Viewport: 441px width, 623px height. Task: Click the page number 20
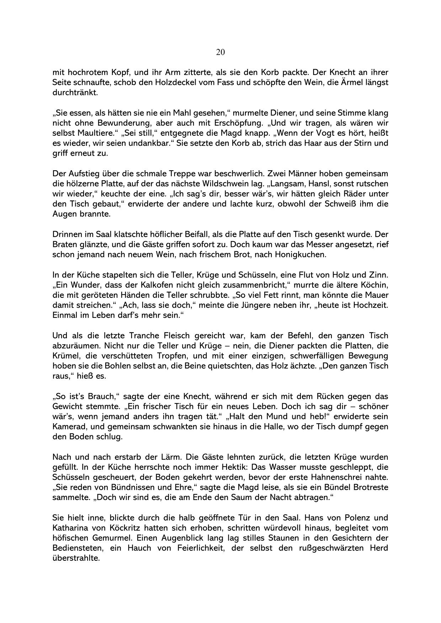(220, 52)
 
